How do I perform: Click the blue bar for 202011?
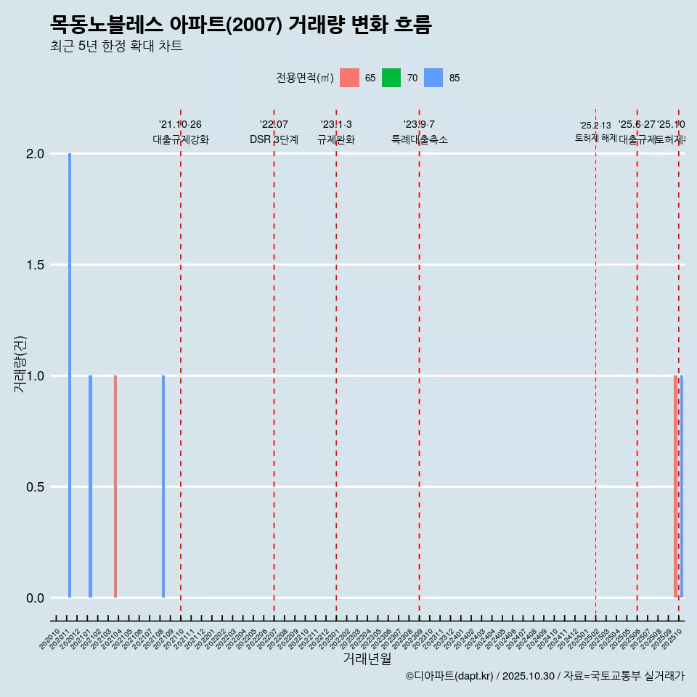pos(70,375)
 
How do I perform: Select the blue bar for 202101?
pos(91,486)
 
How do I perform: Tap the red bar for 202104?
pos(115,486)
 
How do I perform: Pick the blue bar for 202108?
pos(163,486)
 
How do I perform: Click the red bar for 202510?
pos(675,486)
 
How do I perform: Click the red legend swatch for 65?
pos(350,78)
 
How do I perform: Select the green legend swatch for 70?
pos(391,78)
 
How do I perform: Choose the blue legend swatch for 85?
pos(433,78)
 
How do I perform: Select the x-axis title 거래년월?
pos(367,659)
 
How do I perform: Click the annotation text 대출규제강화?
pos(181,139)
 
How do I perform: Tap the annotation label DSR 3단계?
pos(274,139)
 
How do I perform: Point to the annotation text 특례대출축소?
pos(419,139)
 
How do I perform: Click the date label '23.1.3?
pos(336,124)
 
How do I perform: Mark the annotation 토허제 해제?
pos(595,137)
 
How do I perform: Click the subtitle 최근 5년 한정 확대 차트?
pos(116,46)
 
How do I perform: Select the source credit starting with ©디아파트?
pos(545,676)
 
